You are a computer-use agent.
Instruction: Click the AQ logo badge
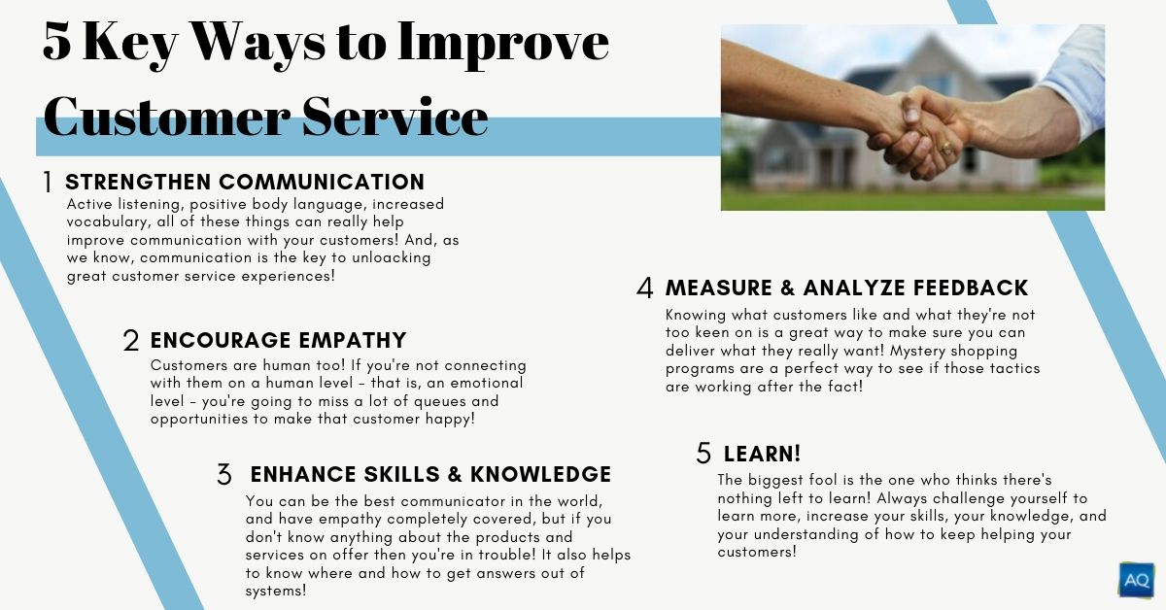1136,579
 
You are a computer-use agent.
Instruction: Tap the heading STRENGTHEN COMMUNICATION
245,183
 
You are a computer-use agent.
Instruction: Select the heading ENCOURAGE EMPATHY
279,340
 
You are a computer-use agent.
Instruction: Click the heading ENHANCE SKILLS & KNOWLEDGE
431,475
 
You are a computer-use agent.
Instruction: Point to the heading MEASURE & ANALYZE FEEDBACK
847,288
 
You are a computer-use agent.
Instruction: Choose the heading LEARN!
762,454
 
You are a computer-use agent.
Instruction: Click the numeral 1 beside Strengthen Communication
48,183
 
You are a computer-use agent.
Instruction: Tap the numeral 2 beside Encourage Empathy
131,341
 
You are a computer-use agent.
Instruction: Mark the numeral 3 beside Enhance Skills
224,475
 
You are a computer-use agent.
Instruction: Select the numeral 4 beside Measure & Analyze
645,288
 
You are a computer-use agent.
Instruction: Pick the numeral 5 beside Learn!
703,454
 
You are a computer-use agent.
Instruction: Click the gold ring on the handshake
946,149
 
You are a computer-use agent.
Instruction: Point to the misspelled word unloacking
392,258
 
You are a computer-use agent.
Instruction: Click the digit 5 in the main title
56,42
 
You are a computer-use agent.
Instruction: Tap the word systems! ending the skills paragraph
276,592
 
